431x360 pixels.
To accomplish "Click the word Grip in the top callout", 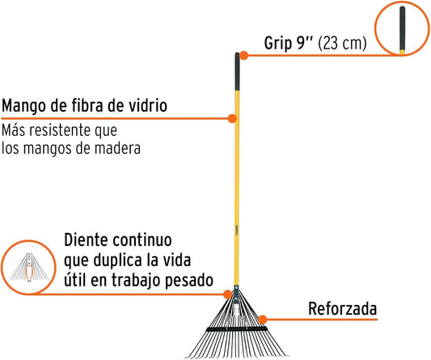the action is tap(277, 44).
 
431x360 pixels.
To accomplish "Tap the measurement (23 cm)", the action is tap(342, 44).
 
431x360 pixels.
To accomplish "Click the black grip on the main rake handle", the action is tap(237, 71).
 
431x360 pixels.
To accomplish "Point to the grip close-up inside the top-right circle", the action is tap(402, 30).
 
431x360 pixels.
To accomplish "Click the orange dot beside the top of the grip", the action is tap(243, 55).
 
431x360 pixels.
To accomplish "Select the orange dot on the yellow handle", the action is tap(232, 119).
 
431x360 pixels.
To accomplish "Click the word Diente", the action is tap(86, 240).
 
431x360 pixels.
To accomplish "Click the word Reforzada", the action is tap(343, 309).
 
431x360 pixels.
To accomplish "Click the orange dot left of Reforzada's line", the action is tap(263, 320).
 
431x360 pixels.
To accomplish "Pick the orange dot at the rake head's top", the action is tap(227, 294).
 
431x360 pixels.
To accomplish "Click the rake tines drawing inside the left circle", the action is tap(29, 267).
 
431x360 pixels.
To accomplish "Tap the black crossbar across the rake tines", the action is tap(237, 329).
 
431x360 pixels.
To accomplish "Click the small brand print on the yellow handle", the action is tap(236, 231).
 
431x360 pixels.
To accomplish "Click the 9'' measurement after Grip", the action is tap(304, 43).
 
